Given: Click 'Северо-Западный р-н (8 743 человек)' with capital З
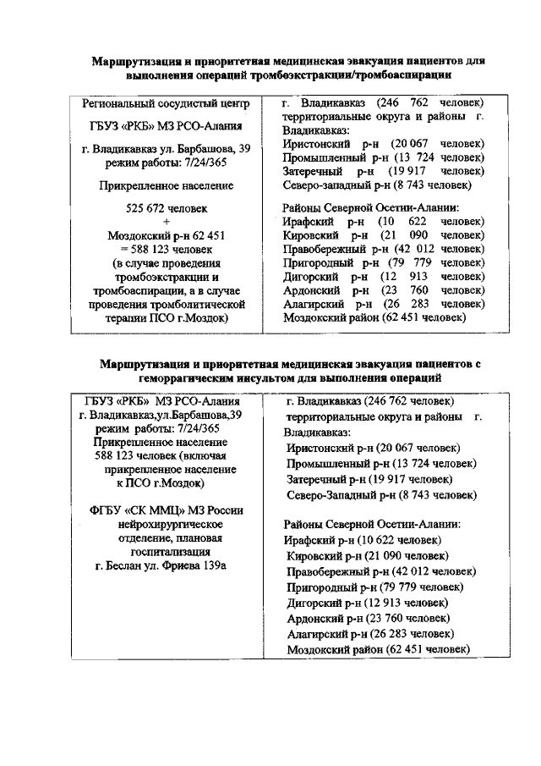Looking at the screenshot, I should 381,494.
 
